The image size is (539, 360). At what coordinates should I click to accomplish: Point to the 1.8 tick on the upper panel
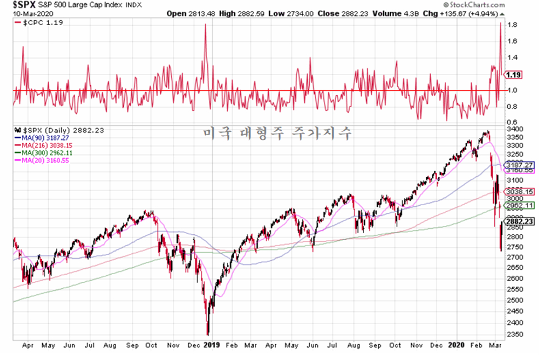[512, 25]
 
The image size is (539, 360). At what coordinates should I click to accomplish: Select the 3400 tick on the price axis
[515, 129]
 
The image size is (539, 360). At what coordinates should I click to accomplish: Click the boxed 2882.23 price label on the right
[519, 221]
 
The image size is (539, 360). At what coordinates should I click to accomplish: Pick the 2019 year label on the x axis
[212, 346]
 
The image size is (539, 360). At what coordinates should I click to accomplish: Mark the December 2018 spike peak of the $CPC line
[205, 25]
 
